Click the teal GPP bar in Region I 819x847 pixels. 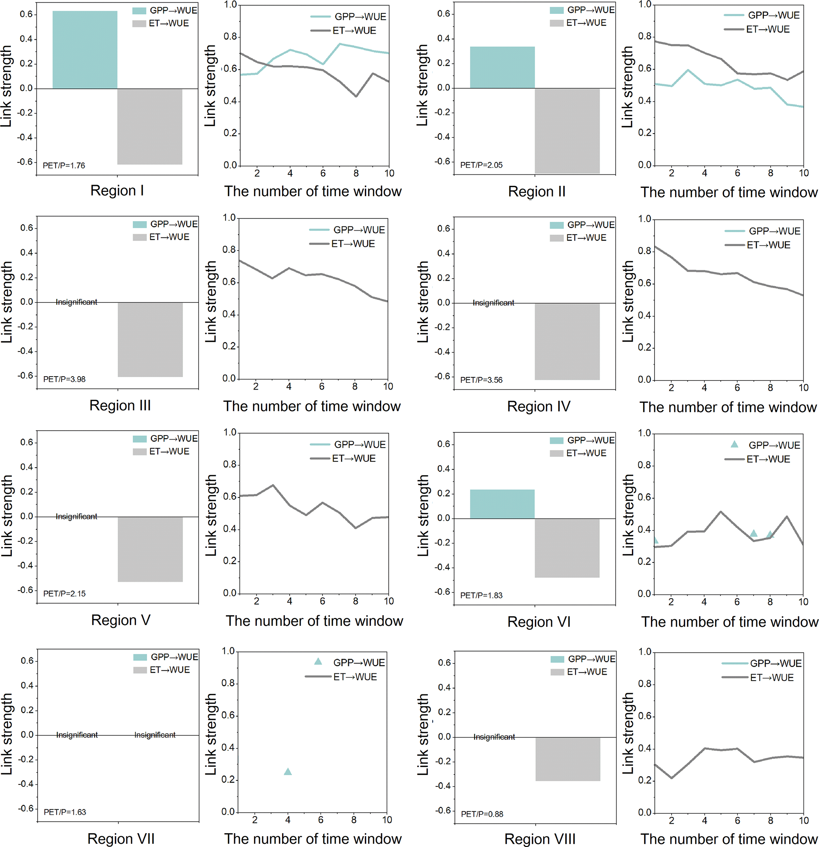(85, 50)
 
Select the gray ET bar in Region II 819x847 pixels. (567, 130)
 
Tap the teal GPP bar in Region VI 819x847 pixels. (502, 504)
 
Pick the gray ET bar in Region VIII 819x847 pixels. (568, 759)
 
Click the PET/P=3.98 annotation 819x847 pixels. (64, 379)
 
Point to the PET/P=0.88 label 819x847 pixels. (482, 814)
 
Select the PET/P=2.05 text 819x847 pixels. (481, 164)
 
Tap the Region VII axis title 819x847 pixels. (121, 838)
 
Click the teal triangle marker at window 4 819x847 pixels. (288, 771)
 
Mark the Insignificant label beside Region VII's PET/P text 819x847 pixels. (77, 735)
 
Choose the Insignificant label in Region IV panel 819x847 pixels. (493, 302)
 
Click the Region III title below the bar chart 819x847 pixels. (120, 405)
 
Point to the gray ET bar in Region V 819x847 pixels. (150, 549)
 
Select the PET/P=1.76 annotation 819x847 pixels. (64, 165)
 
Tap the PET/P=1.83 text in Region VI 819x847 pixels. (481, 595)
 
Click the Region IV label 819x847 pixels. (538, 406)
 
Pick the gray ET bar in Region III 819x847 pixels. (150, 340)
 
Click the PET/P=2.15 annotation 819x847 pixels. (64, 593)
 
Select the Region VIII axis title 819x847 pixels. (540, 839)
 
